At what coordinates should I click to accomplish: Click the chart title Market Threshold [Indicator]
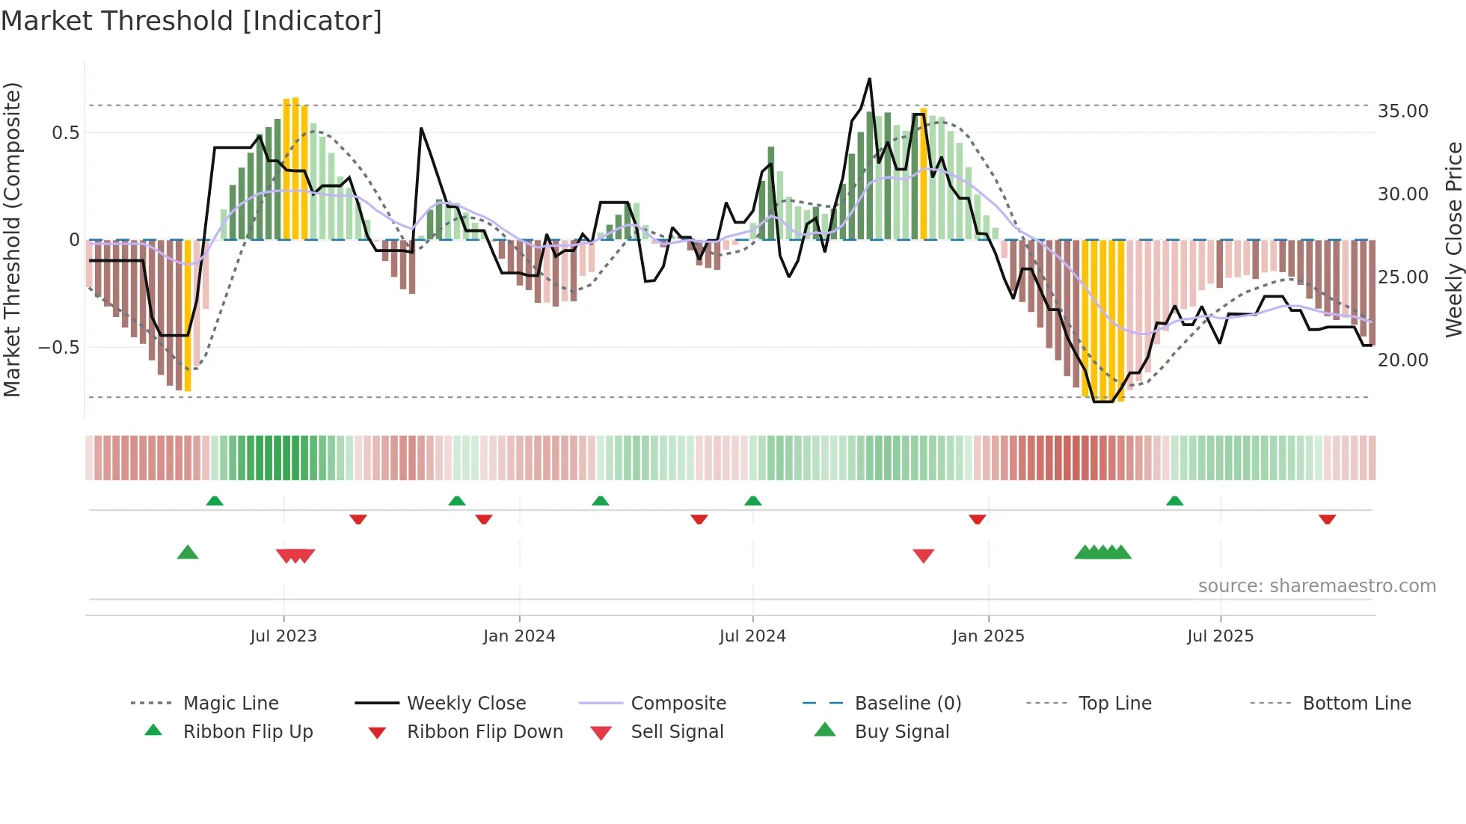click(x=191, y=21)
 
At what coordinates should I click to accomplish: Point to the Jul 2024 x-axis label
click(x=752, y=636)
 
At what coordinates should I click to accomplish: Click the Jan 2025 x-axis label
click(x=988, y=636)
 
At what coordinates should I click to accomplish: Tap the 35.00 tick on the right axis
click(x=1402, y=111)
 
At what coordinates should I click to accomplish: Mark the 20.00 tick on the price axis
click(x=1402, y=360)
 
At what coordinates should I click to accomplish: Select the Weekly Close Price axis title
click(x=1453, y=239)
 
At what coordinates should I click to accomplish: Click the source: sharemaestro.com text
click(x=1316, y=586)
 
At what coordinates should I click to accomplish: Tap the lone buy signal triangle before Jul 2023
click(x=188, y=553)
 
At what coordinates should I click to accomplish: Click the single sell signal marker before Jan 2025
click(x=924, y=556)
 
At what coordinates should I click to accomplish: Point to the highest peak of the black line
click(x=869, y=79)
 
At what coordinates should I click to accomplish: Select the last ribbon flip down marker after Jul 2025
click(x=1328, y=519)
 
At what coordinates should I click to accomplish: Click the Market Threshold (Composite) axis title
click(x=13, y=239)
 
